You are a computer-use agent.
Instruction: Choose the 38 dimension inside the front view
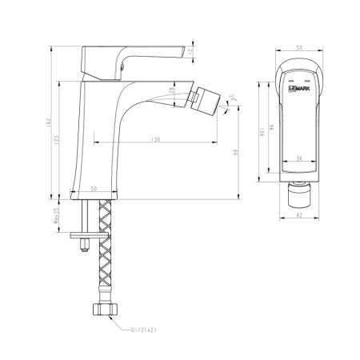pyautogui.click(x=297, y=158)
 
